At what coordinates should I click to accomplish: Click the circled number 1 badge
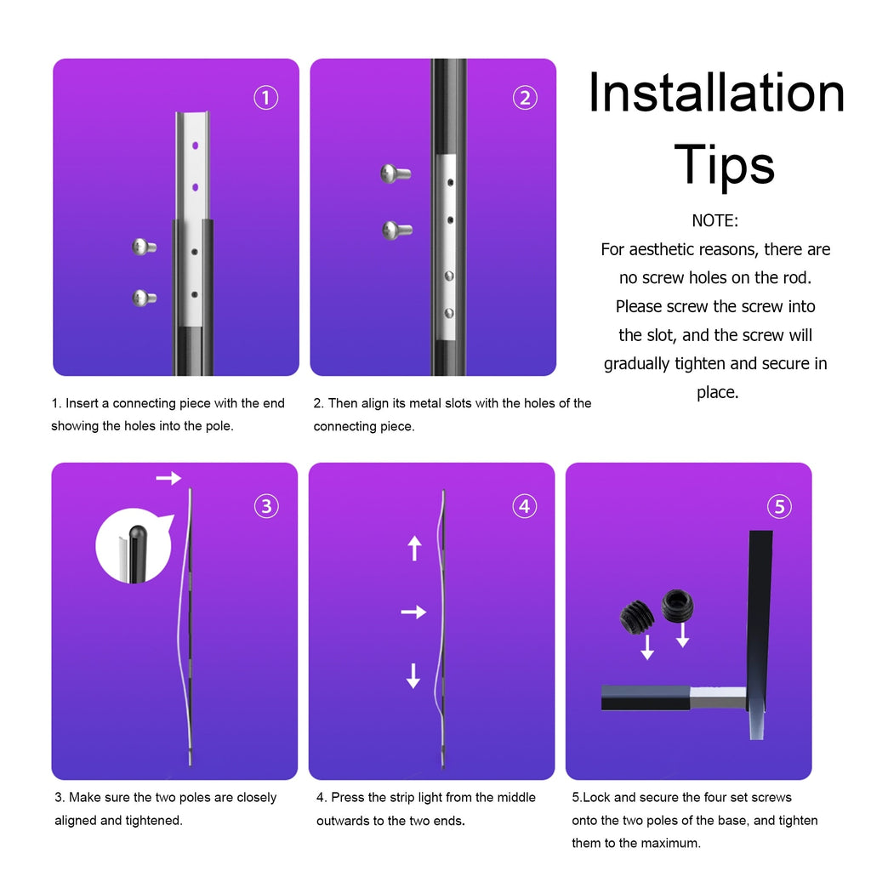(266, 98)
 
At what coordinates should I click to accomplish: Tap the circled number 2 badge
(525, 98)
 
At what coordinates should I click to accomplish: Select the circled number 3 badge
(266, 506)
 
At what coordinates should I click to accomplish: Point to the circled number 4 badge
(525, 506)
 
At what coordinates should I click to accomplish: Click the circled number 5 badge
(780, 507)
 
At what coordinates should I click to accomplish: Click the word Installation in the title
(716, 94)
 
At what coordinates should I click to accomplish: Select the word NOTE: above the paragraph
(715, 220)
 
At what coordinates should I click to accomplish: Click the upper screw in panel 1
(144, 247)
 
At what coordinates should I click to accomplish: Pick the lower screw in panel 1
(144, 298)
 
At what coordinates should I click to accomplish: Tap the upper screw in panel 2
(396, 174)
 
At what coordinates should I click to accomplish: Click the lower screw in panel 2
(397, 229)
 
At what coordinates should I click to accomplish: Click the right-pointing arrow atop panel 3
(168, 478)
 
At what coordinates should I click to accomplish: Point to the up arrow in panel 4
(414, 548)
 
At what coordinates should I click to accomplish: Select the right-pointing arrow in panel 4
(413, 612)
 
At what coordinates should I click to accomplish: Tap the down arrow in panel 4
(413, 675)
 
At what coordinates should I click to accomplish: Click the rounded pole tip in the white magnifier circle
(136, 538)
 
